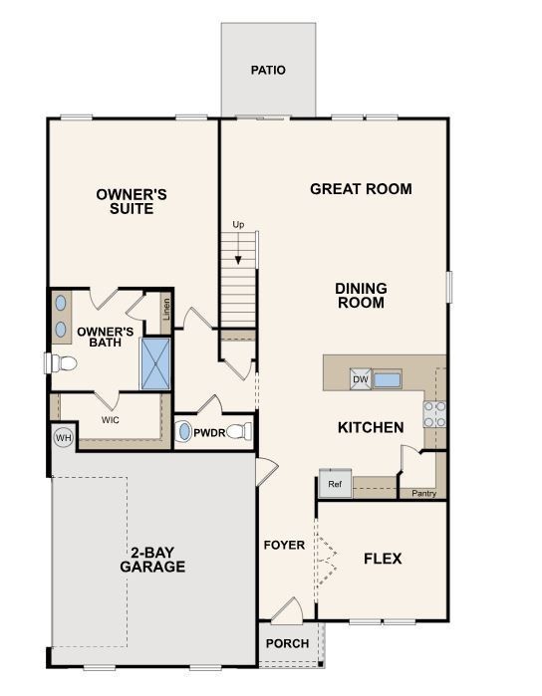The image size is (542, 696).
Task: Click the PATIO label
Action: point(268,71)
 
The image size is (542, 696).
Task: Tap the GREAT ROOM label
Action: point(361,189)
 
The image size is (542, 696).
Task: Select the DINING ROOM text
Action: point(361,296)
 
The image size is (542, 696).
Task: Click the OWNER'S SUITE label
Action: point(125,202)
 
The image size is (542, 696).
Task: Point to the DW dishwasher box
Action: point(360,378)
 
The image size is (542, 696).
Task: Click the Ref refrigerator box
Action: point(334,484)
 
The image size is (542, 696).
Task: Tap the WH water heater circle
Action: point(63,437)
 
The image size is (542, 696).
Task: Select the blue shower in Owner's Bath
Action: point(156,363)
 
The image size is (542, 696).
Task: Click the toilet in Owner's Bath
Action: point(62,362)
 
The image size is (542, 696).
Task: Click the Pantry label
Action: point(423,492)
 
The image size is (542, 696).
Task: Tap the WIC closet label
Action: point(111,420)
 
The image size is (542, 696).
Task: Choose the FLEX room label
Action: point(383,559)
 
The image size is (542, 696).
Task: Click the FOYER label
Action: point(284,546)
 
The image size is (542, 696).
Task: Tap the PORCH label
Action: point(287,643)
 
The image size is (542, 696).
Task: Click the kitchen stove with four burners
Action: point(434,414)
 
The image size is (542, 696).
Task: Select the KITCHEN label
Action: point(371,428)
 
